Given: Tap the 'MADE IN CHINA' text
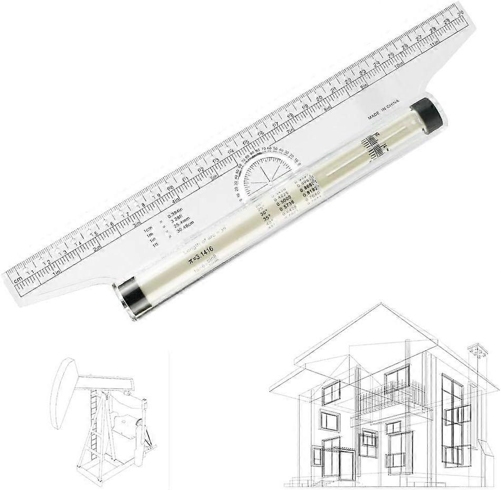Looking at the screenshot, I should click(383, 109).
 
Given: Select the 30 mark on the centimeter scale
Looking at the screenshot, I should click(460, 12).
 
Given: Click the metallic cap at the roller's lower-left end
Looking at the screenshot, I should click(129, 299).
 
